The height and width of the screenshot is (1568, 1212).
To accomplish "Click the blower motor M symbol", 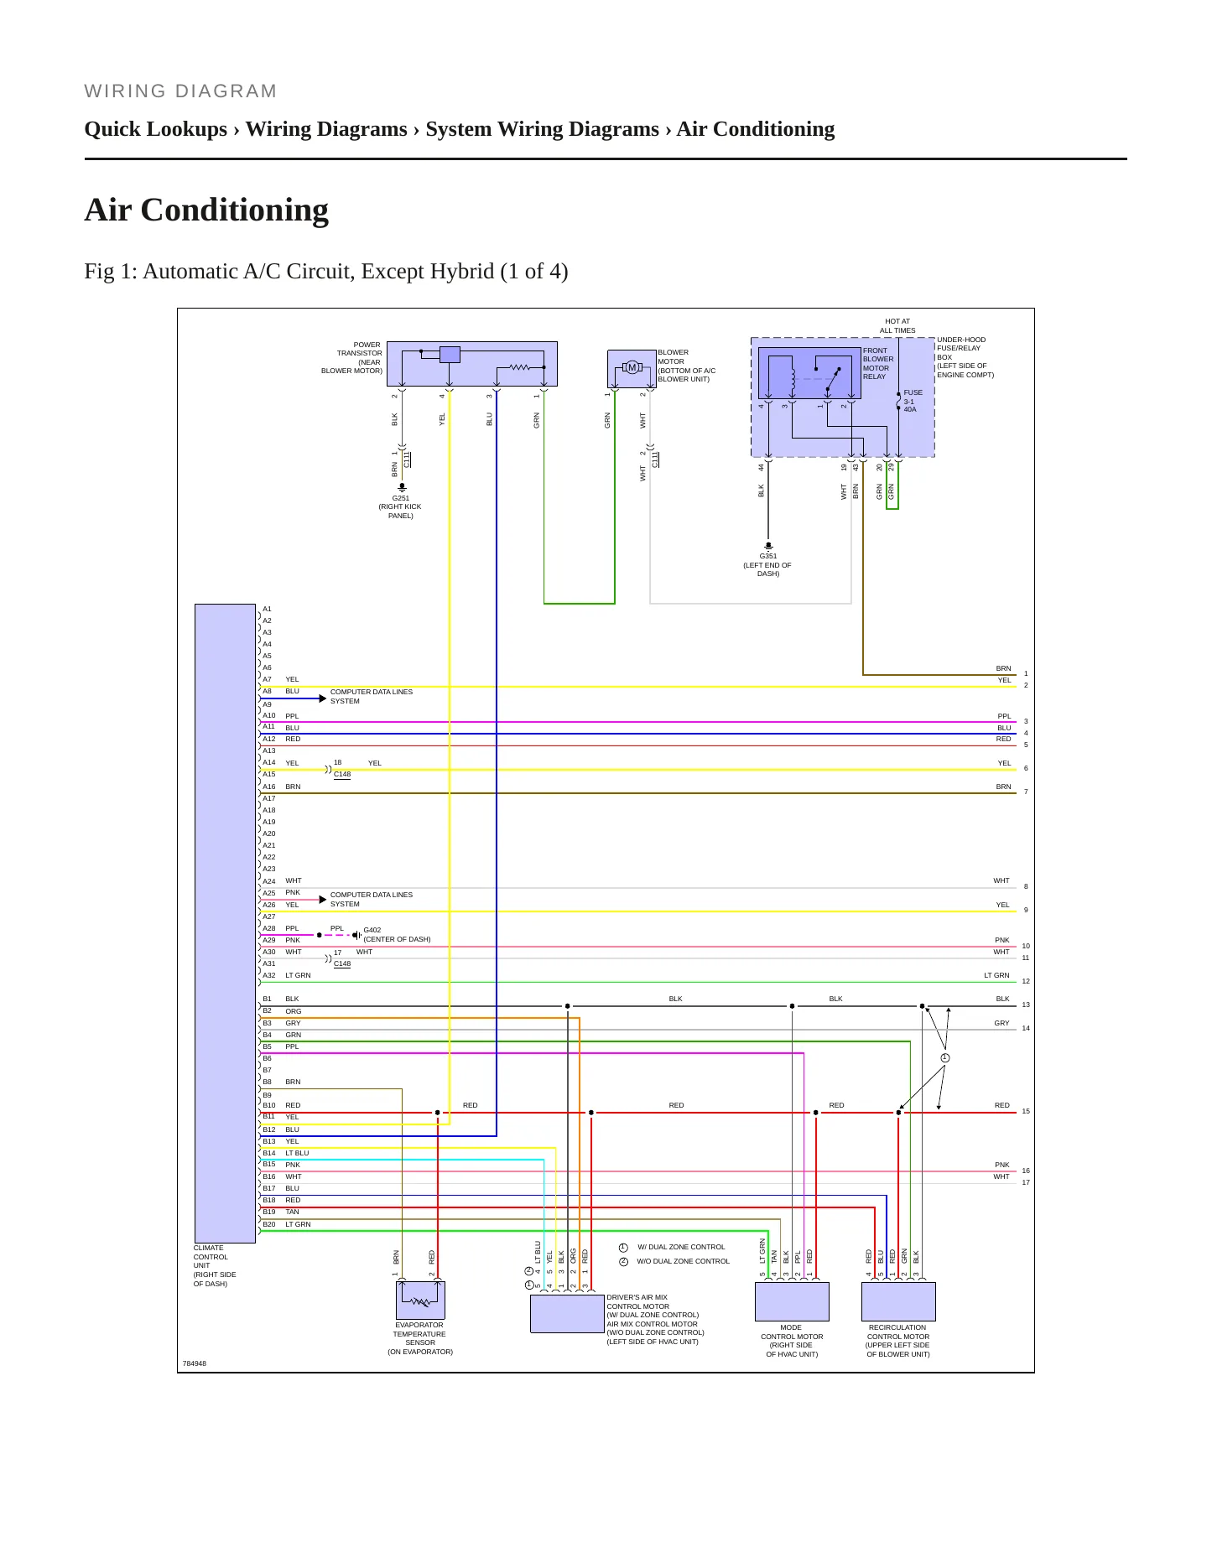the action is [x=632, y=367].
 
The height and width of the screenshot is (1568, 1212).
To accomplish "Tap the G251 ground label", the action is [x=401, y=498].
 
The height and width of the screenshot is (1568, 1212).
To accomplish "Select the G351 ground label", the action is [x=768, y=556].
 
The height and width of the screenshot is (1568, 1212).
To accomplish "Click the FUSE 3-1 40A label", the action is [x=913, y=401].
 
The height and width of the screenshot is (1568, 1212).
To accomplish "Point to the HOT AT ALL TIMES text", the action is [x=897, y=325].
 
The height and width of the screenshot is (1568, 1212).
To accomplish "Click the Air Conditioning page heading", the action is [x=206, y=210].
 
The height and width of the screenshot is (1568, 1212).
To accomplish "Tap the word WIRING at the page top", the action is [x=125, y=91].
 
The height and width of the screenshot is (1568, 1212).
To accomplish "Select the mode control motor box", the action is [x=792, y=1301].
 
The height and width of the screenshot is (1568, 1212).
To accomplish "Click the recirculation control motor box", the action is [x=898, y=1301].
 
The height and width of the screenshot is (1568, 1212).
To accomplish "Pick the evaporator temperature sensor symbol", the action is [x=420, y=1301].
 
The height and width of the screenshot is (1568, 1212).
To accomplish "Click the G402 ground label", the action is [x=372, y=930].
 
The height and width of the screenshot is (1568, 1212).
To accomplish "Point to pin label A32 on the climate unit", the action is [x=269, y=975].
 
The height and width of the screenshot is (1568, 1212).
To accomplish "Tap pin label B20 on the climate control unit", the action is [x=269, y=1224].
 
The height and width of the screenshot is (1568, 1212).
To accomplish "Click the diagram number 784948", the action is [x=195, y=1363].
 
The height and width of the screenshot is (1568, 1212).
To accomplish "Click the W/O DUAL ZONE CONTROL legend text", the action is [x=684, y=1261].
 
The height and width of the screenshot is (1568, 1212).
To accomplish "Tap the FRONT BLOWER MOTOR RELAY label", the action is [x=878, y=364].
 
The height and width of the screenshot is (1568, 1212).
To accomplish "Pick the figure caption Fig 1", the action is [x=326, y=272].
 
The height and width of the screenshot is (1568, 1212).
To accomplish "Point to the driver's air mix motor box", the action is [x=568, y=1313].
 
